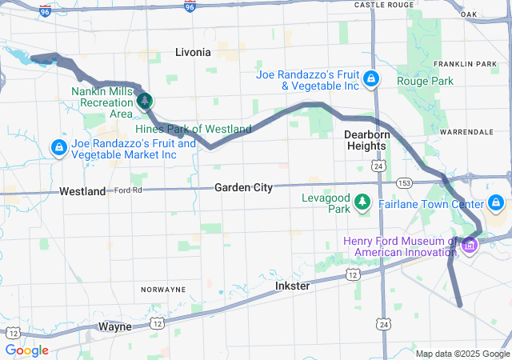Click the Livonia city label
pos(193,52)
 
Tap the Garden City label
pos(243,187)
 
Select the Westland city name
pos(82,192)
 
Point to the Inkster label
pos(292,286)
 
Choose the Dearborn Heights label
pos(366,140)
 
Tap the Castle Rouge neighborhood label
pos(384,5)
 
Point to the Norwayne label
pos(163,289)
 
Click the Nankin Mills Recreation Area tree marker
pos(145,101)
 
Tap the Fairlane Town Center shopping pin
pos(497,202)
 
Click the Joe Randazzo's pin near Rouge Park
pos(371,78)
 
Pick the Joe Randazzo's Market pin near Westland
pos(58,148)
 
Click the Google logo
pos(27,350)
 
